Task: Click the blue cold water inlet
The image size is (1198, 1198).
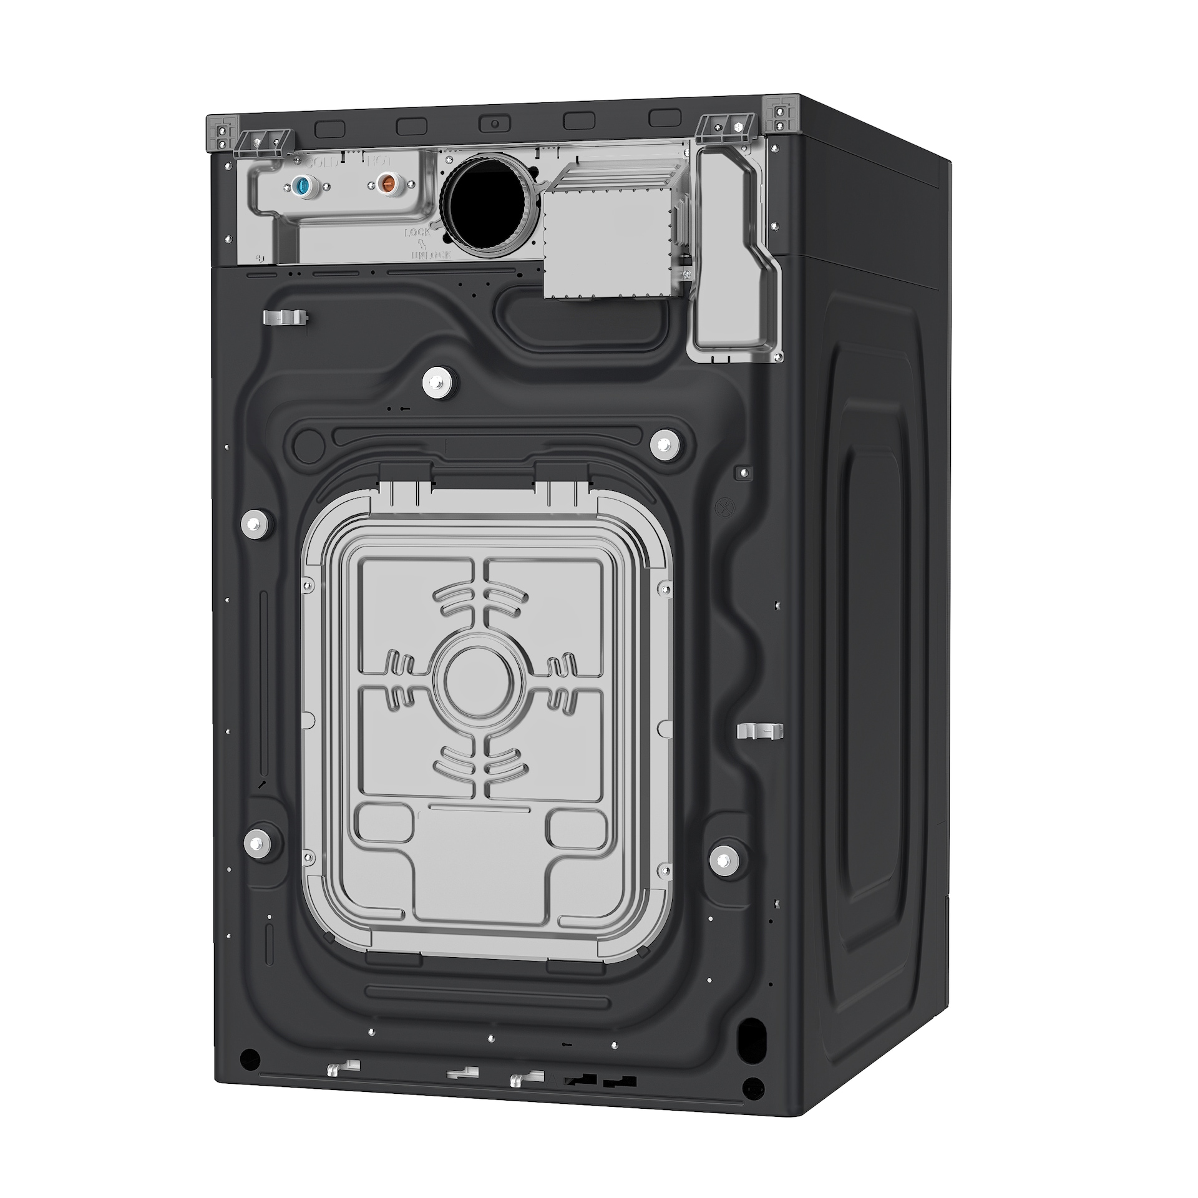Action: tap(302, 185)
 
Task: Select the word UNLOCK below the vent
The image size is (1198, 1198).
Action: tap(431, 255)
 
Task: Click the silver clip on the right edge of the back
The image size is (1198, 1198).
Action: tap(759, 731)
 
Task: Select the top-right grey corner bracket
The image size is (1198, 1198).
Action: tap(780, 114)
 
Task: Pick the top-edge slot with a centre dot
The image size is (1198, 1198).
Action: tap(494, 122)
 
